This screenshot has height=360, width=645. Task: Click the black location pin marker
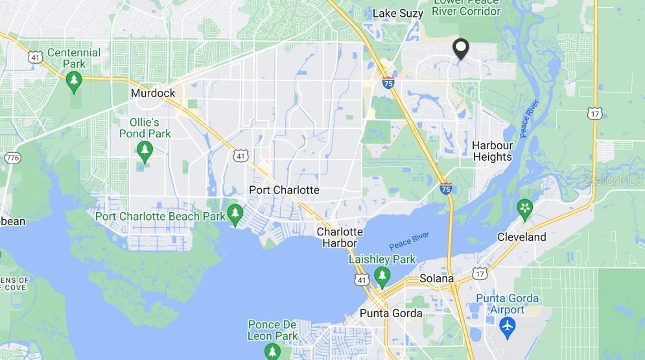460,49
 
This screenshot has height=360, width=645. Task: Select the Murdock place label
153,93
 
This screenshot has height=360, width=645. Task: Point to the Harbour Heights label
492,151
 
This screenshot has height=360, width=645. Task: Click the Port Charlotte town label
285,190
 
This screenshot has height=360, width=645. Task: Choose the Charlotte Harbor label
340,237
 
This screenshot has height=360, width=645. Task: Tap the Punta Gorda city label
391,313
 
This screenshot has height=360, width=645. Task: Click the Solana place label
436,278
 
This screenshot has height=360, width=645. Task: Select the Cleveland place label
522,237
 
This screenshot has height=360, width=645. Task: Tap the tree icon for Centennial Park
74,80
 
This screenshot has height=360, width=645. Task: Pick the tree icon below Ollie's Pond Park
145,152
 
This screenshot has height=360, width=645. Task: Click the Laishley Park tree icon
382,276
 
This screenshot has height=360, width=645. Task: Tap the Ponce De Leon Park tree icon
272,351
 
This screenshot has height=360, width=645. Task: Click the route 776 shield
12,158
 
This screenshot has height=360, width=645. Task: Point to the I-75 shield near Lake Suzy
388,82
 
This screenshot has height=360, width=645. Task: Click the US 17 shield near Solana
480,273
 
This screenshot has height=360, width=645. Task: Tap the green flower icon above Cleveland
524,208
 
